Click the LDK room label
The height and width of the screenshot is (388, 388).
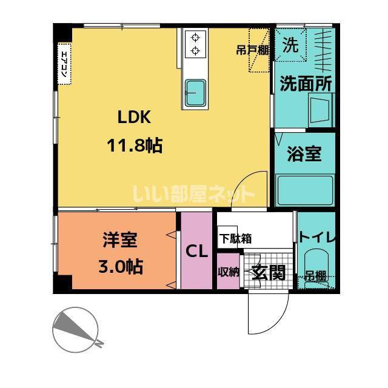point(134,117)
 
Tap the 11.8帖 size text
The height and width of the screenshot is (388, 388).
point(135,145)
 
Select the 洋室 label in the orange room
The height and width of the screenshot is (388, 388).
point(120,239)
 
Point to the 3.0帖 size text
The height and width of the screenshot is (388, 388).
point(121,266)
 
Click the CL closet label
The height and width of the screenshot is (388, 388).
point(197,251)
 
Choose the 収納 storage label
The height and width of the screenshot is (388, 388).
point(228,272)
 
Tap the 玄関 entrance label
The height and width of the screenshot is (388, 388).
point(269,272)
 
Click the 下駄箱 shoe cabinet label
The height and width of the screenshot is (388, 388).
point(236,239)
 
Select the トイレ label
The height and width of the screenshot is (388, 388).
point(317,237)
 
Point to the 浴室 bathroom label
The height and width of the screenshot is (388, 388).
point(304,153)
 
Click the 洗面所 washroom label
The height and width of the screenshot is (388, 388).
point(306,84)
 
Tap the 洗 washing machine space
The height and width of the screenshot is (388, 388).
point(290,45)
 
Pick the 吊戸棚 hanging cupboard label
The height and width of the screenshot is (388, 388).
point(252,50)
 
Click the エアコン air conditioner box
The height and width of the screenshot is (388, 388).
point(65,64)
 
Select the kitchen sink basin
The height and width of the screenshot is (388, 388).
point(196,93)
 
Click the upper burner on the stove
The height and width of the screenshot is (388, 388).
point(196,38)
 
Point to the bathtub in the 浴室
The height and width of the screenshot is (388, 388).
point(305,190)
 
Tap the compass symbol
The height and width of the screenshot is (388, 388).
point(76,330)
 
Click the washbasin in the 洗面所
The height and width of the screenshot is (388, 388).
point(321,110)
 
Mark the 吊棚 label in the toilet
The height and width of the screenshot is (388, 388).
point(315,276)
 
